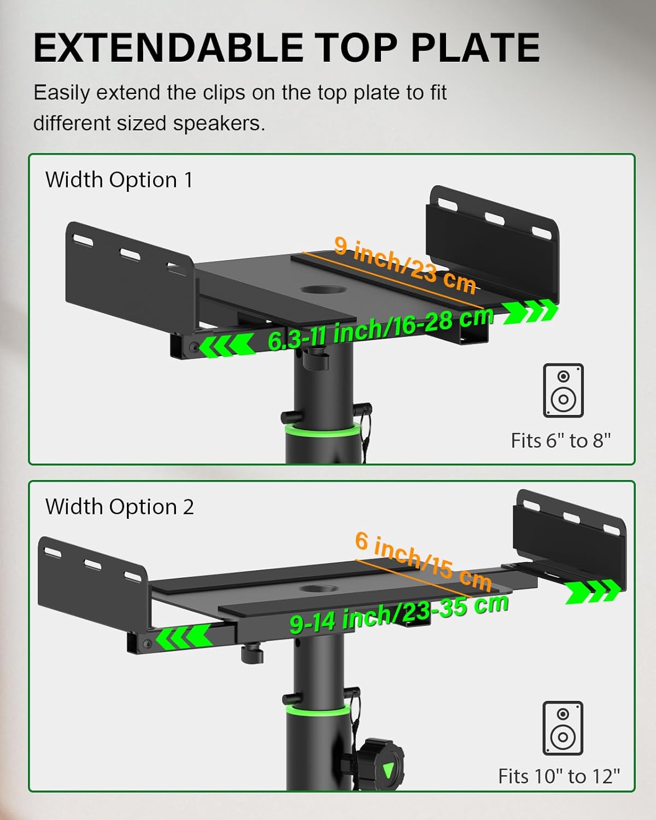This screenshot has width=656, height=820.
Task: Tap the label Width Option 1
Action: (x=119, y=180)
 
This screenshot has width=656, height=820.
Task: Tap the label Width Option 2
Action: (x=119, y=507)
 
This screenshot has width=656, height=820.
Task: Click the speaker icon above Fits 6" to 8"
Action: (x=563, y=390)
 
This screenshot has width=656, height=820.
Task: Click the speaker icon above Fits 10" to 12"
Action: (x=563, y=728)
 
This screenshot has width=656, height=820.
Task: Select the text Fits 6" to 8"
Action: (x=560, y=441)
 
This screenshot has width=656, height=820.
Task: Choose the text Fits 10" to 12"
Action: (x=559, y=776)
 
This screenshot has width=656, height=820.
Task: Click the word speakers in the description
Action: (x=219, y=124)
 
